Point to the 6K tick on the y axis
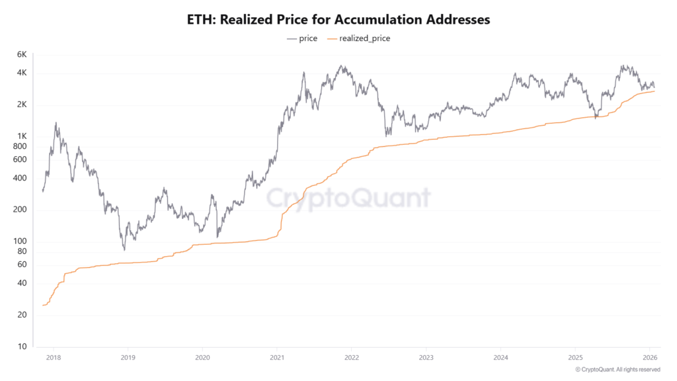coord(21,54)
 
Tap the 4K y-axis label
coord(21,73)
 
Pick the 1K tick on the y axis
coord(21,137)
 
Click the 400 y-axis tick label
coord(19,178)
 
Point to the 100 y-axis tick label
coord(19,241)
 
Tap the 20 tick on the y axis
coord(21,315)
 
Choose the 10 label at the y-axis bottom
coord(21,347)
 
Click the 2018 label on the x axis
coord(54,358)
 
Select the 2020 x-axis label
coord(202,358)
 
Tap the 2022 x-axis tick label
coord(351,358)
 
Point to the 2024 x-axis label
coord(500,358)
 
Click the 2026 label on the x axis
coord(649,358)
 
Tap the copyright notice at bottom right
coord(617,369)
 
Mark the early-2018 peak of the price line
coord(56,122)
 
